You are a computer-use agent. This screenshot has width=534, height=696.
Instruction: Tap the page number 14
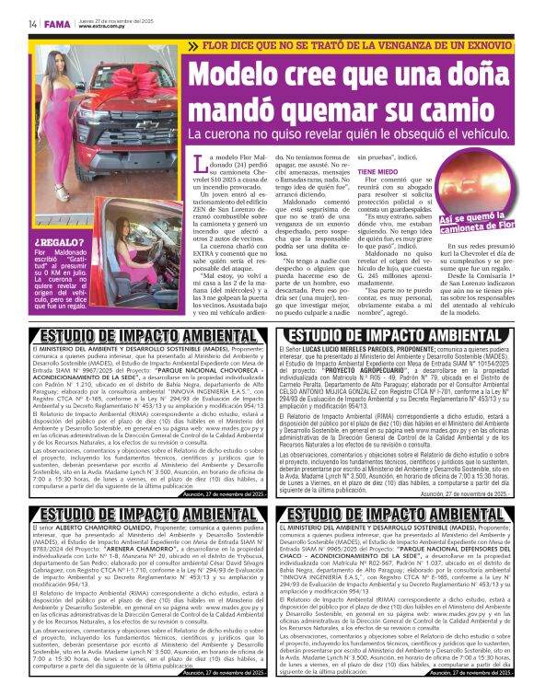(x=32, y=24)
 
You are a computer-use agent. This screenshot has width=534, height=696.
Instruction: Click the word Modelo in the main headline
(x=247, y=78)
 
